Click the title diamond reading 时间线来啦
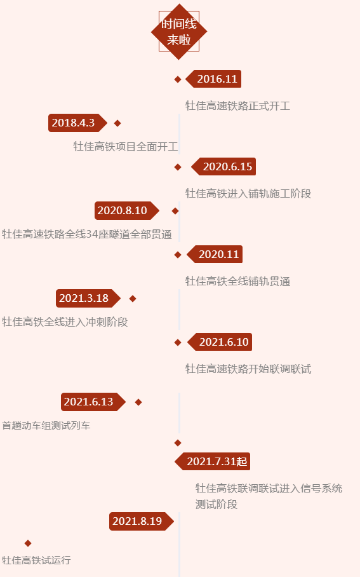[179, 32]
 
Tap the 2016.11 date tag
[213, 79]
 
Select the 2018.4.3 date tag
[77, 123]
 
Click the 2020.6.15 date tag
[223, 166]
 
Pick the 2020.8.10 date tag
[127, 210]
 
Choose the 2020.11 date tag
[215, 254]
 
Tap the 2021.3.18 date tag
[88, 298]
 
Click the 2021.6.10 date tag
[220, 342]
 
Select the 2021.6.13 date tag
[93, 402]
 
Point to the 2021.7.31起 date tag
[212, 461]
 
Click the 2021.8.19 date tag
[142, 521]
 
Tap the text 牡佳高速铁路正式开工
[237, 106]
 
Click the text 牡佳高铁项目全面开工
[125, 146]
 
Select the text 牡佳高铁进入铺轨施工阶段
[248, 194]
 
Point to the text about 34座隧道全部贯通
[87, 234]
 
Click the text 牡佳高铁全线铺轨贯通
[237, 282]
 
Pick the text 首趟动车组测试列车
[46, 426]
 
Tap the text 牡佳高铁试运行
[36, 560]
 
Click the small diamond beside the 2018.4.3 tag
[117, 123]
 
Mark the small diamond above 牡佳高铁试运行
[28, 543]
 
